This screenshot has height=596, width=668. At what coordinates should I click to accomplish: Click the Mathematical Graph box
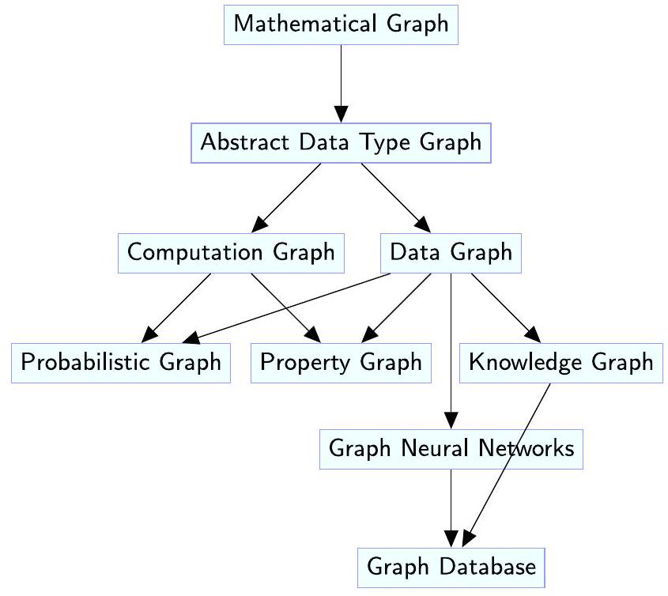click(342, 24)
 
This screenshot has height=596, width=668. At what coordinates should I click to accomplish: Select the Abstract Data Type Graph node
click(342, 143)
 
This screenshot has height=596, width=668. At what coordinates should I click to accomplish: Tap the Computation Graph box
click(231, 253)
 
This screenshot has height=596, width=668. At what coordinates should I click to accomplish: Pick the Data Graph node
click(451, 253)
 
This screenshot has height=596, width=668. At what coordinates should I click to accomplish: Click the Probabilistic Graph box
click(121, 363)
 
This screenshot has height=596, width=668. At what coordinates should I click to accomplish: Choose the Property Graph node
click(342, 363)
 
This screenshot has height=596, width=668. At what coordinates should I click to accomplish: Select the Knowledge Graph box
click(561, 363)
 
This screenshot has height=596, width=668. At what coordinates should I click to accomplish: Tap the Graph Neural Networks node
click(451, 449)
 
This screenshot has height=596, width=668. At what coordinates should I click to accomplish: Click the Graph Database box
click(451, 567)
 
